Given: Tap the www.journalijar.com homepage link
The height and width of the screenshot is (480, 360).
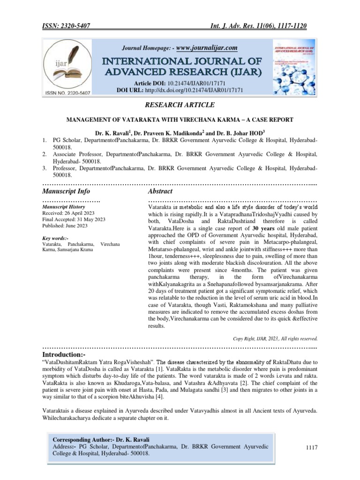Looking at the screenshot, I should [x=206, y=48].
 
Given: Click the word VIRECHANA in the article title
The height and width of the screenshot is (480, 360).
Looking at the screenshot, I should [x=206, y=120].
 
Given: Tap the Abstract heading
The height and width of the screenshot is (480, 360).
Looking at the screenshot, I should [x=160, y=191].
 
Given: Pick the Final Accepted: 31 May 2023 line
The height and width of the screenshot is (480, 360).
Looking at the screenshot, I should [x=74, y=219].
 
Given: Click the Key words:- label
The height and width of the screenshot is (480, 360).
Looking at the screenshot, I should [x=55, y=238].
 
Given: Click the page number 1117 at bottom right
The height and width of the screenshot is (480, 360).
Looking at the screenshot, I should [x=312, y=448].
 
